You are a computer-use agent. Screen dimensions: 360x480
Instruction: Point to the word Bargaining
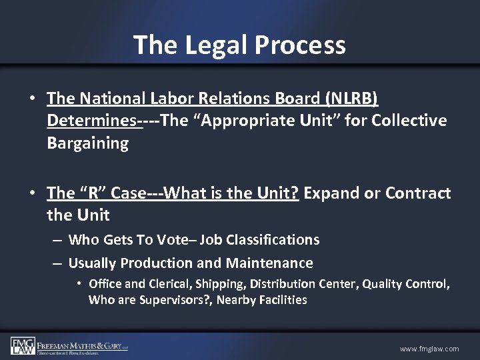(x=87, y=143)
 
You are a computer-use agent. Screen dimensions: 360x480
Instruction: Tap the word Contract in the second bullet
(x=417, y=193)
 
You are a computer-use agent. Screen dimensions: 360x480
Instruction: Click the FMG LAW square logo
(x=23, y=345)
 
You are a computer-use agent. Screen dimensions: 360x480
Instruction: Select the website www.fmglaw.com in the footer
(x=429, y=349)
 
